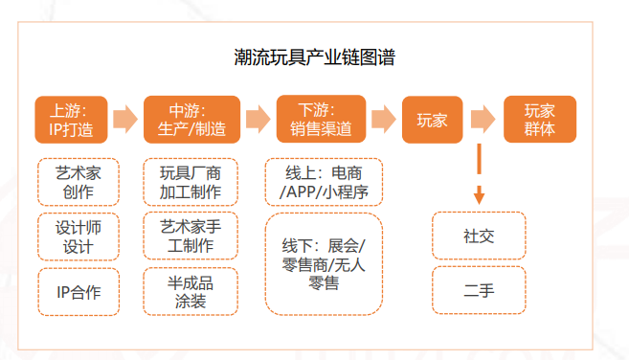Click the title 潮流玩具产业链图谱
(x=315, y=56)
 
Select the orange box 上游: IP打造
(x=71, y=120)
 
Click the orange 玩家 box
(x=433, y=120)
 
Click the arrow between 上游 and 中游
(x=125, y=120)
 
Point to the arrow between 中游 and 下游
(x=256, y=120)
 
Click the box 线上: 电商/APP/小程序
(x=323, y=182)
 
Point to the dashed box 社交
(x=479, y=236)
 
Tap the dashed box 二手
(x=479, y=290)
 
